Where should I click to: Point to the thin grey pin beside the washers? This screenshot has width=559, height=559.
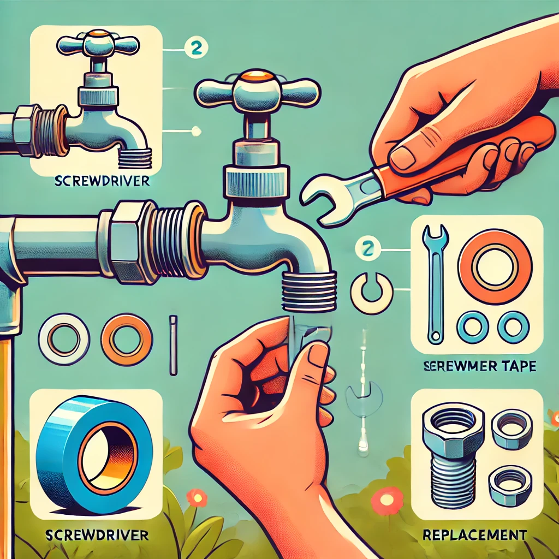click(x=174, y=345)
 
